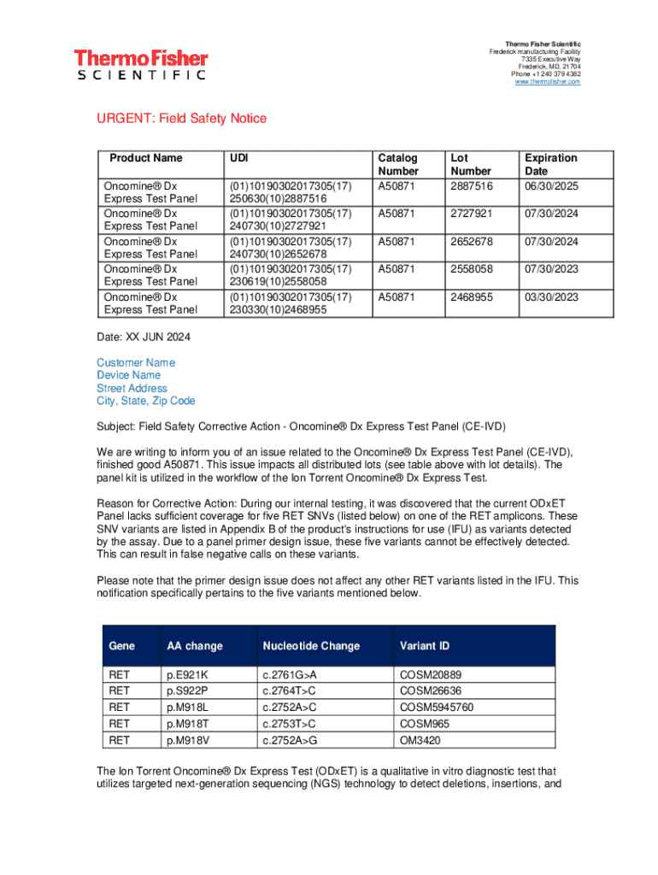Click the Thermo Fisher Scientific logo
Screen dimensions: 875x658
141,65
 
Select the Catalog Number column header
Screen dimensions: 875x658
398,164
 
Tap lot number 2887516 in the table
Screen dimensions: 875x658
472,185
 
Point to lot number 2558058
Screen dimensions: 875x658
472,269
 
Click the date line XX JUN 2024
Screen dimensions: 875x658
144,338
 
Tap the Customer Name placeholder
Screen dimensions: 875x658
136,362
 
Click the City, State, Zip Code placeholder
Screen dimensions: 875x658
146,401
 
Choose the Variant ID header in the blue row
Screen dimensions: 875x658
425,646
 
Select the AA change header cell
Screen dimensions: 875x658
195,646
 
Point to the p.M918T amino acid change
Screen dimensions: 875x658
187,724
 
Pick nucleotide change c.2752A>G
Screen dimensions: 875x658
295,740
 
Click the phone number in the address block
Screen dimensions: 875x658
546,74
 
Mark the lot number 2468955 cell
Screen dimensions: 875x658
472,297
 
